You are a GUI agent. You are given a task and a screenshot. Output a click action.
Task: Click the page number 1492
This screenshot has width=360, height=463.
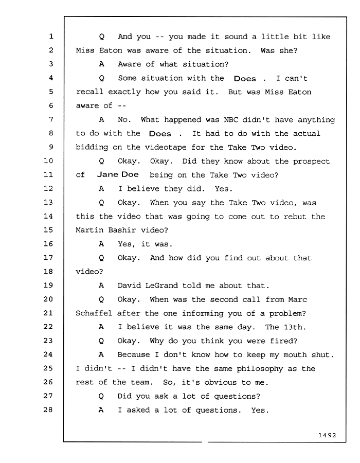(327, 435)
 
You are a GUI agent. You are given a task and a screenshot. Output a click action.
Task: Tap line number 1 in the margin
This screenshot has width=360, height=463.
(51, 37)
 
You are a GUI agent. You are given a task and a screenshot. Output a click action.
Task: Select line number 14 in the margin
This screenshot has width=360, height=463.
(48, 216)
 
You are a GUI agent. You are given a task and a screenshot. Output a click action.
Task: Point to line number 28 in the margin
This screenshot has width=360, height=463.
(48, 409)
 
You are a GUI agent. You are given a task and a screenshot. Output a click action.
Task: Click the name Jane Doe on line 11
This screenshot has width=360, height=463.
(118, 174)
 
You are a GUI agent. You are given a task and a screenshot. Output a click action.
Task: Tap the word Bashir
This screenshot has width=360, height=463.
(122, 230)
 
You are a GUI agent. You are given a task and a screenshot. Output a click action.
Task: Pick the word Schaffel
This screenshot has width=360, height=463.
(94, 313)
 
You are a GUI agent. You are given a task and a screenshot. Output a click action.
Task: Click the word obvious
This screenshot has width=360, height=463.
(221, 382)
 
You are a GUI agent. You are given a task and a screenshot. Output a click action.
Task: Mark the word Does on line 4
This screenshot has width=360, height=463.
(245, 79)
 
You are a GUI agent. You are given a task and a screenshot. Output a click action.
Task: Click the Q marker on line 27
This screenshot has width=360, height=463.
(101, 396)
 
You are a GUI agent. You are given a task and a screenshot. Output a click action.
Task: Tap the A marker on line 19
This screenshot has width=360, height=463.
(101, 286)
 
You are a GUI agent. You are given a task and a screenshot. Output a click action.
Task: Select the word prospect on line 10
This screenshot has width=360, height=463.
(311, 162)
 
